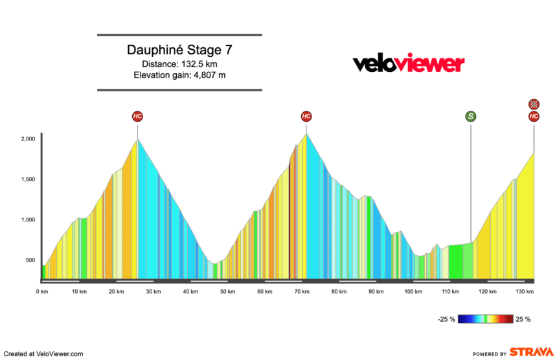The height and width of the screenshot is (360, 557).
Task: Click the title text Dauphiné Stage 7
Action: click(x=179, y=50)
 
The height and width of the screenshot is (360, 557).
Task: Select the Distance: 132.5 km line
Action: click(x=179, y=63)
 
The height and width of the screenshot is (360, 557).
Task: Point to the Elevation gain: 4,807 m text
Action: click(x=179, y=75)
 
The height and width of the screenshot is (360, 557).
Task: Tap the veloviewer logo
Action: click(x=408, y=63)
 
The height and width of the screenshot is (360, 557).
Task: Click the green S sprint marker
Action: click(x=471, y=117)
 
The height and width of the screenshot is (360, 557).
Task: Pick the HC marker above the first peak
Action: click(x=137, y=117)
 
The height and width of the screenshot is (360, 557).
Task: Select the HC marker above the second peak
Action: click(x=306, y=117)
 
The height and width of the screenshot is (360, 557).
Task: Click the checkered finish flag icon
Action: click(x=534, y=104)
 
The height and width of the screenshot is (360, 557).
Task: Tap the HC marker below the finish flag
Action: click(x=534, y=117)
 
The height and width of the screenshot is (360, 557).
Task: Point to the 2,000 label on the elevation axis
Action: click(x=27, y=139)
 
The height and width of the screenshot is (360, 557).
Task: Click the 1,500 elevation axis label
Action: click(x=27, y=180)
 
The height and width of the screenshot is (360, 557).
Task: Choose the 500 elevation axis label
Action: click(x=30, y=260)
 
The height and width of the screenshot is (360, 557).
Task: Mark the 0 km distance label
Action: click(x=41, y=292)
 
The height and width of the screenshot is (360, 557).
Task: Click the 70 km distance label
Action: click(x=301, y=292)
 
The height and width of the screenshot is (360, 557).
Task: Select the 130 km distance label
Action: click(x=525, y=292)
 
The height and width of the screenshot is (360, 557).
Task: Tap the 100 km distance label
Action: click(x=413, y=292)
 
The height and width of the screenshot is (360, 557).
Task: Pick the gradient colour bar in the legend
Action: click(x=486, y=319)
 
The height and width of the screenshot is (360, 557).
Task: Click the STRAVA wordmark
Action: click(x=531, y=353)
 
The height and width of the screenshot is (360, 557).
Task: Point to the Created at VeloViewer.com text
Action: click(x=42, y=354)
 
